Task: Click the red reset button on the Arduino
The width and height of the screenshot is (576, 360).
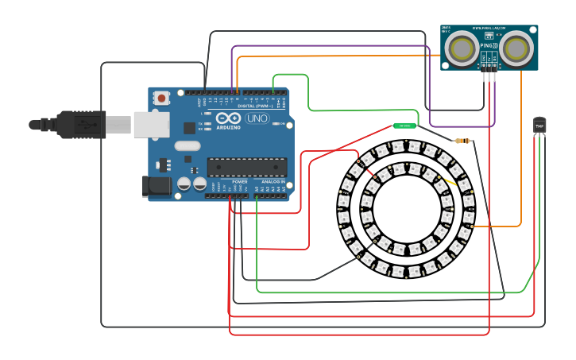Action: tap(162, 99)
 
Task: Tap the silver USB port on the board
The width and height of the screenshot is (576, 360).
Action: tap(151, 124)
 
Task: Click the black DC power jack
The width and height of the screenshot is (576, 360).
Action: tap(156, 186)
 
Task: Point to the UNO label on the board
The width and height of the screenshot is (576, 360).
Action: tap(257, 118)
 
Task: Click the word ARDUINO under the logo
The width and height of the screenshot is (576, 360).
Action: tap(228, 127)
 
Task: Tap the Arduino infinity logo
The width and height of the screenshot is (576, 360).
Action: tap(228, 118)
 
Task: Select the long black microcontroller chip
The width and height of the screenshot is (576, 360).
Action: tap(247, 166)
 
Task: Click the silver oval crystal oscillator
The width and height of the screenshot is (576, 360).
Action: tap(187, 145)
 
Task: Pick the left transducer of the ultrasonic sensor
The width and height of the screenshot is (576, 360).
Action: tap(462, 48)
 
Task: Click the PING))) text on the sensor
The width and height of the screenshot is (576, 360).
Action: tap(489, 46)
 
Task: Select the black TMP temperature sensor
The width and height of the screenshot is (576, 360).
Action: tap(539, 125)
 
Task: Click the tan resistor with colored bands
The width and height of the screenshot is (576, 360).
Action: tap(461, 141)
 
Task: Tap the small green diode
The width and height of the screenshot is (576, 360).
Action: tap(404, 126)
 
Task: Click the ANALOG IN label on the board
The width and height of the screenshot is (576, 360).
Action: tap(273, 181)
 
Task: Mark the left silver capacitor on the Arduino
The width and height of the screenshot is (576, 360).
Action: tap(184, 184)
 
